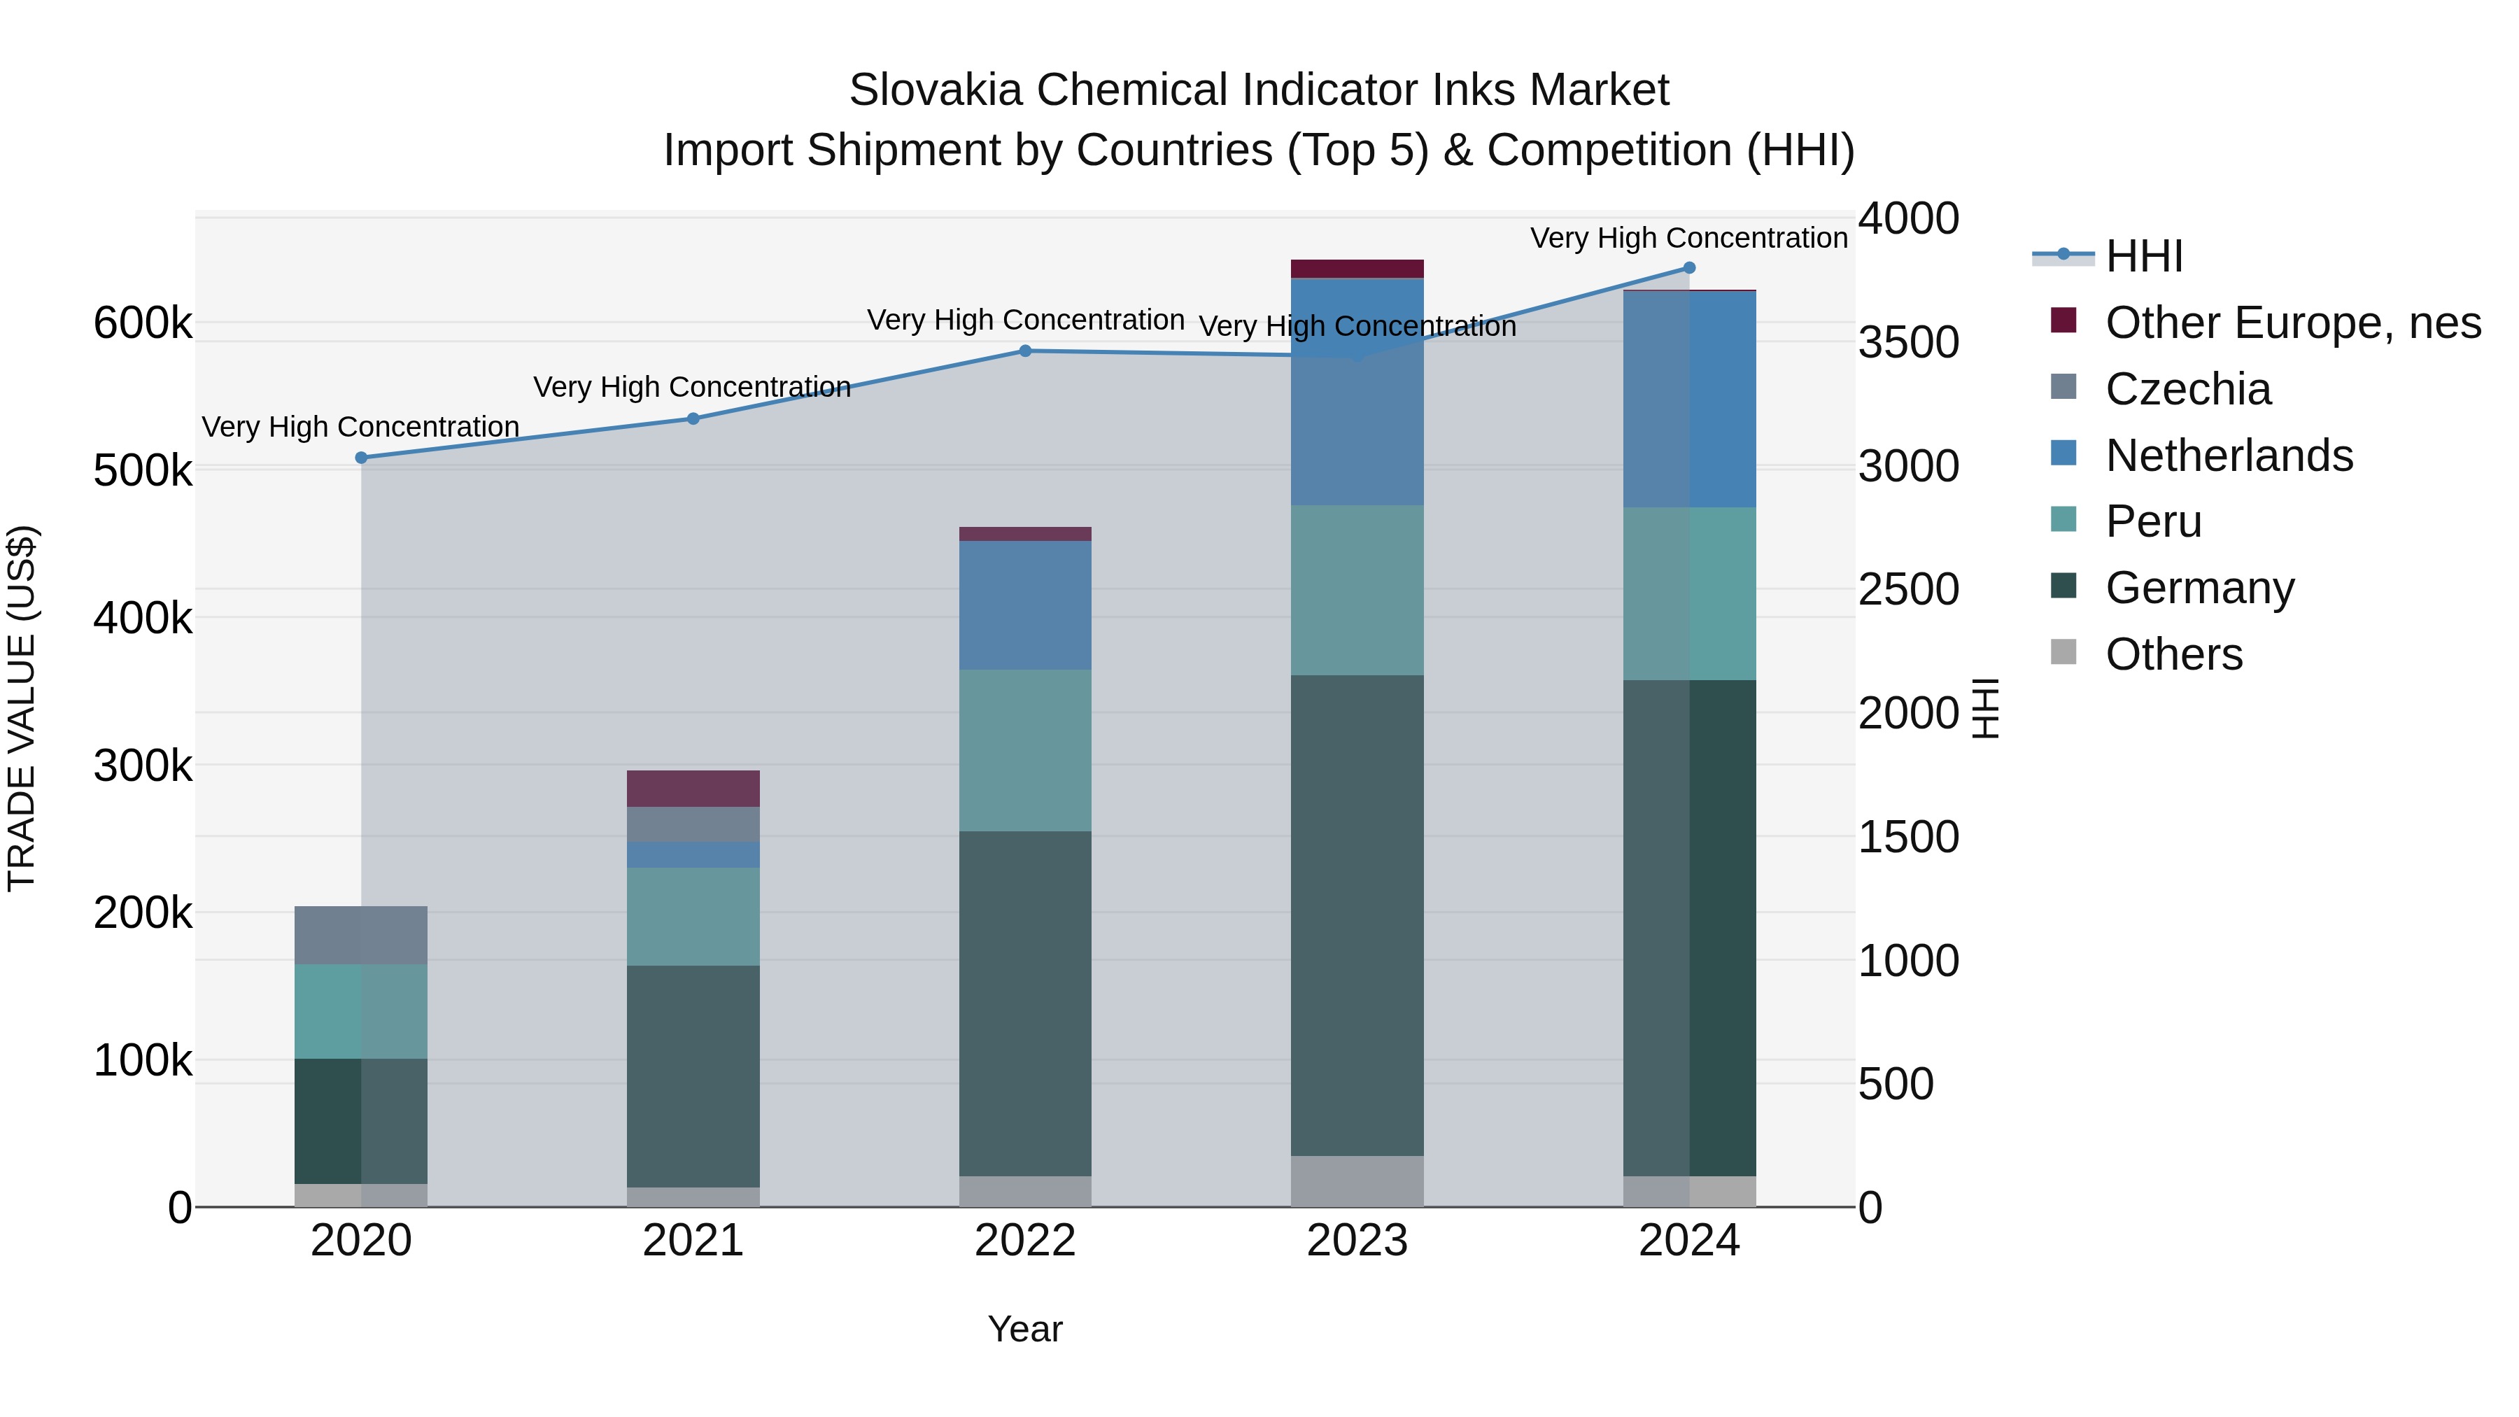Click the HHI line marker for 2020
tap(361, 458)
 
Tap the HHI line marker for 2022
tap(1025, 351)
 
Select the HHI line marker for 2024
tap(1689, 268)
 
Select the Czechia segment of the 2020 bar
tap(361, 935)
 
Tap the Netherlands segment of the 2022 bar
tap(1025, 605)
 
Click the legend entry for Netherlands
tap(2228, 456)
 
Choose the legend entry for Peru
tap(2152, 521)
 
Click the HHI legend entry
tap(2143, 256)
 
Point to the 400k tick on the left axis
tap(142, 618)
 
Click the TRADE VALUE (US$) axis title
tap(22, 708)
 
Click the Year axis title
tap(1025, 1329)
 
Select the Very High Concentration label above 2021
tap(691, 387)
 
